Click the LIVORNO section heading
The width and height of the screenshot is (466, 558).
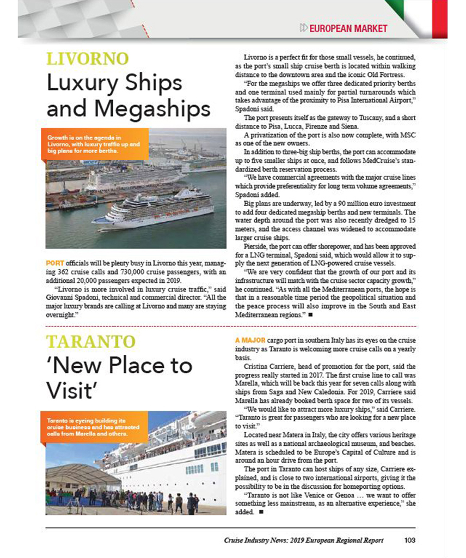88,58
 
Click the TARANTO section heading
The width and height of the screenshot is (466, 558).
90,342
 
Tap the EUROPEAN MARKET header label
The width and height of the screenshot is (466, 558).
348,28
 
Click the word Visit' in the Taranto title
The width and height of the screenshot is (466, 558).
71,391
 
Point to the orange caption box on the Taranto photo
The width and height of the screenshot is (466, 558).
94,427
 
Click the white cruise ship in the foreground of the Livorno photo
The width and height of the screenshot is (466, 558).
155,210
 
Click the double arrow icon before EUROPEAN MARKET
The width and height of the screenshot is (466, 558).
303,28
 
